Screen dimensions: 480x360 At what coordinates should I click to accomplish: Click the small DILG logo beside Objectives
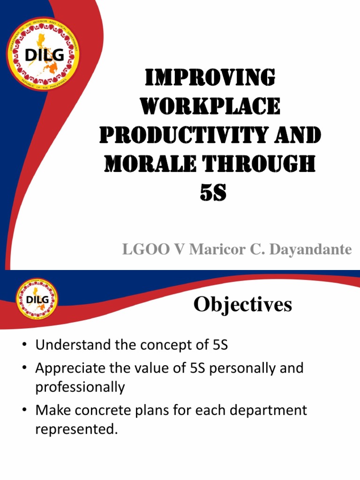click(x=37, y=299)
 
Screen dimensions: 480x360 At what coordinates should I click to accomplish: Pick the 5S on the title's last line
click(x=213, y=193)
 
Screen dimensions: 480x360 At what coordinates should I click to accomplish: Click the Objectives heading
click(x=243, y=305)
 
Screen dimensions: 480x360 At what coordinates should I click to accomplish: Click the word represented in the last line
click(x=75, y=429)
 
